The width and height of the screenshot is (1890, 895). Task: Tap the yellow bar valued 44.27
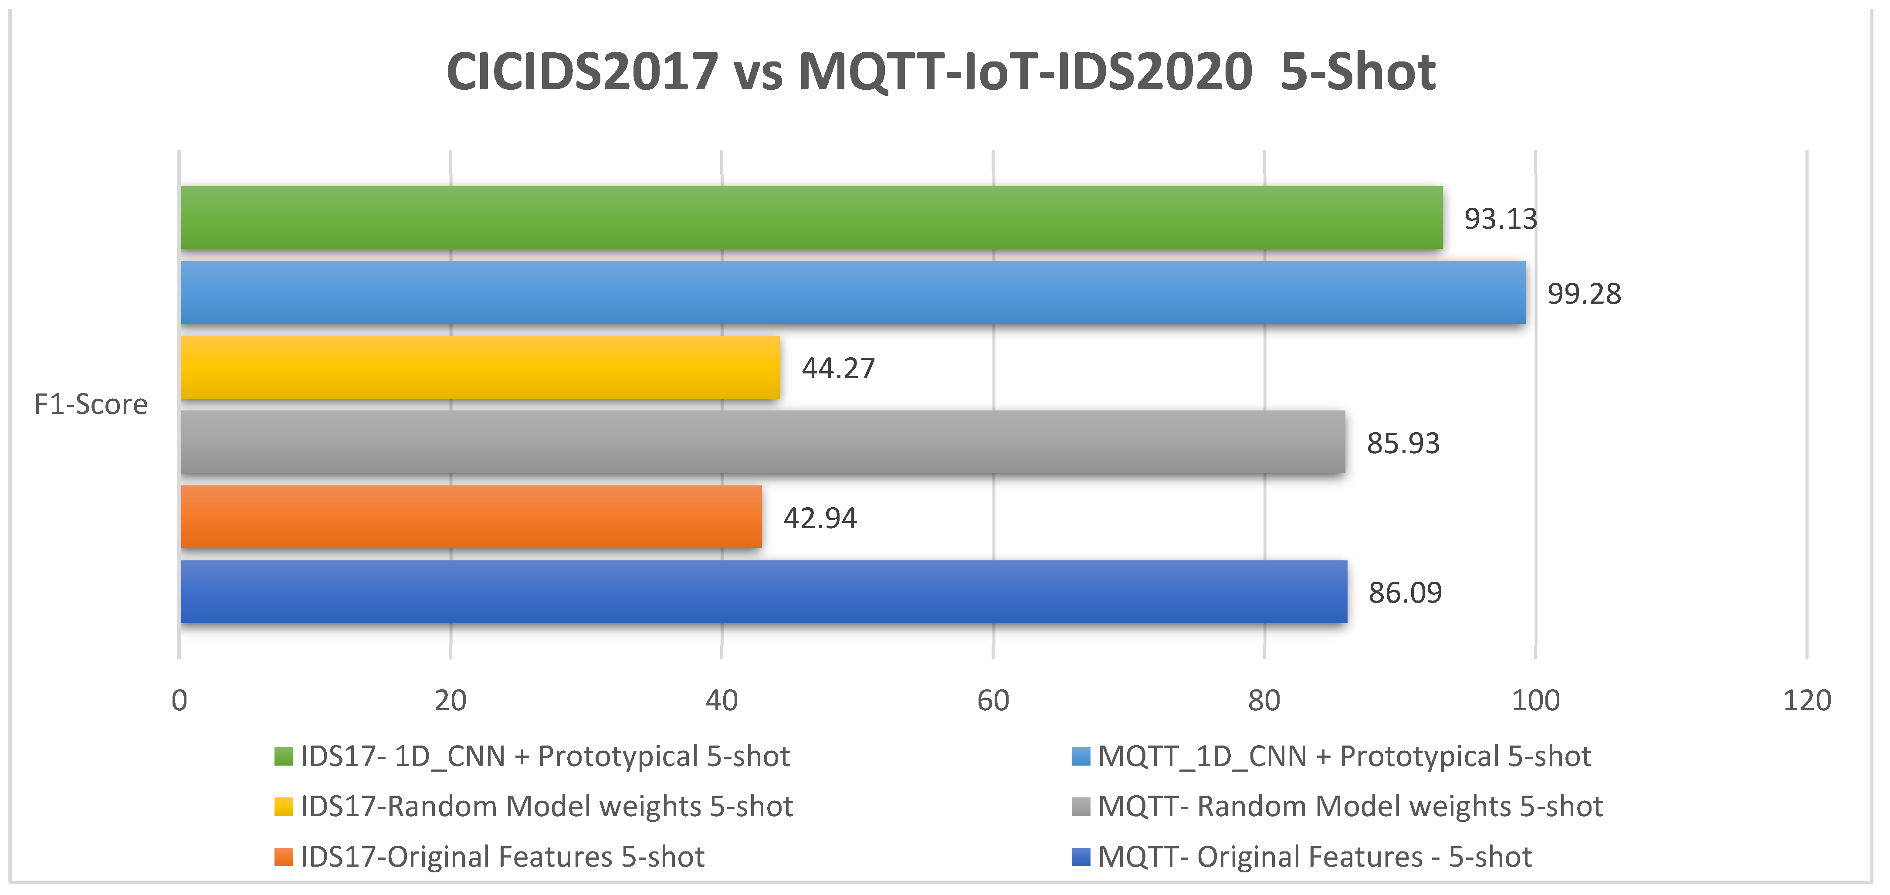pyautogui.click(x=481, y=367)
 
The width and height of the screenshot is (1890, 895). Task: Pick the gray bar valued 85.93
pyautogui.click(x=763, y=442)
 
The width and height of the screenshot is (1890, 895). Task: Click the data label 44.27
pyautogui.click(x=839, y=368)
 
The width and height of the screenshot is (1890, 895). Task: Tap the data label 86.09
pyautogui.click(x=1405, y=593)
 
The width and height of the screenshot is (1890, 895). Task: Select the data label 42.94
pyautogui.click(x=820, y=519)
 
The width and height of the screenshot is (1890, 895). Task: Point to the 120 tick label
pyautogui.click(x=1807, y=701)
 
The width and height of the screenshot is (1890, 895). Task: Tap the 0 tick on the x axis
pyautogui.click(x=179, y=701)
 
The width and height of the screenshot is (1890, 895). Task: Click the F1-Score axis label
pyautogui.click(x=91, y=404)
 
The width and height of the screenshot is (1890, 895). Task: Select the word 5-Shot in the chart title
pyautogui.click(x=1358, y=72)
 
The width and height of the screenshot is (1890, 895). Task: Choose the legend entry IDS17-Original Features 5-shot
pyautogui.click(x=489, y=857)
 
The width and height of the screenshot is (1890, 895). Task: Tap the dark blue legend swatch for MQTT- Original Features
pyautogui.click(x=1081, y=857)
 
